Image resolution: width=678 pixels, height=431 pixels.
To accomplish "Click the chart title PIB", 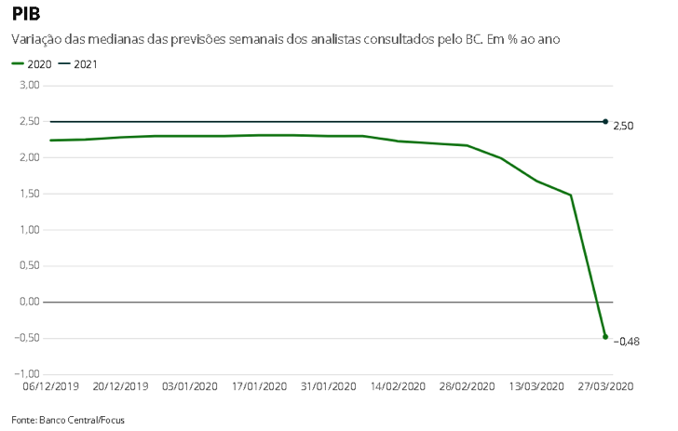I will pos(26,15).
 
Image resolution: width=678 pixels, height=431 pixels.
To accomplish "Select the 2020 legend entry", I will pos(31,64).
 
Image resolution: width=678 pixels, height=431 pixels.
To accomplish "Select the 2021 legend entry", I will pos(77,64).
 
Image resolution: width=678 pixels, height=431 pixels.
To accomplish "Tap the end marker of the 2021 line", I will pos(605,122).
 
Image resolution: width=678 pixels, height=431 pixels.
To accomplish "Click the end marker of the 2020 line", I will pos(605,337).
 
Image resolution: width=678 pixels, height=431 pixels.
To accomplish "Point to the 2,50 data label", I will pos(624,125).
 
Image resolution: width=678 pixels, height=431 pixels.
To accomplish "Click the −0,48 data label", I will pos(626,342).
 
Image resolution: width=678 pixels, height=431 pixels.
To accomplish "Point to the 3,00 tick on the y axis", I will pos(29,86).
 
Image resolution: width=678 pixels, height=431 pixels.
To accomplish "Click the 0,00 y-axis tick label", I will pos(29,302).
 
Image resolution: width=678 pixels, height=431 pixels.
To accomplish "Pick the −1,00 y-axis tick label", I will pos(26,374).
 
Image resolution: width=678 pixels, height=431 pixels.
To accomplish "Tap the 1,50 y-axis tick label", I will pos(29,194).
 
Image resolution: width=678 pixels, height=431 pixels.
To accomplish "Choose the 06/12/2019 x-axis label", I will pos(50,386).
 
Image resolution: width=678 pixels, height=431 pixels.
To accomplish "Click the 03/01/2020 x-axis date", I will pos(189,386).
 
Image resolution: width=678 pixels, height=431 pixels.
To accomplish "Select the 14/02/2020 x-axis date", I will pos(398,386).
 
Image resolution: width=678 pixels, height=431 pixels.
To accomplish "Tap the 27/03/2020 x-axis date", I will pos(605,386).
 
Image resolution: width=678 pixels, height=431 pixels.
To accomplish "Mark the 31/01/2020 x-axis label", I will pos(328,386).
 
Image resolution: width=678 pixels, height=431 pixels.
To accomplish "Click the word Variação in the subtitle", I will pos(36,40).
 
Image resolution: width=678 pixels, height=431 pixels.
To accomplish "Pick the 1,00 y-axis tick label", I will pos(29,230).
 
